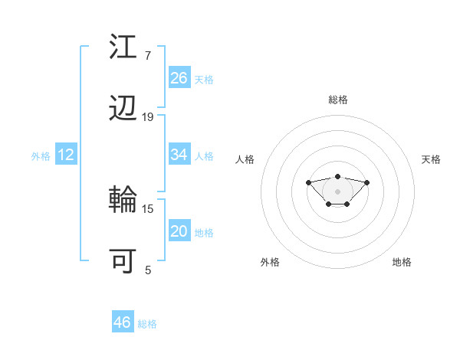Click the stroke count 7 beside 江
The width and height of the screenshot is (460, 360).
tap(147, 56)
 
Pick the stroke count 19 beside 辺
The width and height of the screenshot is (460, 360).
tap(148, 117)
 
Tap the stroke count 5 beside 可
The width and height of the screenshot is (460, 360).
tap(148, 270)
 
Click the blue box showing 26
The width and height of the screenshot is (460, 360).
tap(179, 78)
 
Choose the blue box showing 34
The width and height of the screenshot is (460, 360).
tap(179, 155)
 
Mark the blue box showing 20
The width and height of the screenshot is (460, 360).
tap(179, 231)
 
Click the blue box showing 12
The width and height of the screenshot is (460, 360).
tap(66, 155)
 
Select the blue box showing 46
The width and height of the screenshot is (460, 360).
tap(123, 322)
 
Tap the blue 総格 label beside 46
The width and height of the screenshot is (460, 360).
tap(147, 324)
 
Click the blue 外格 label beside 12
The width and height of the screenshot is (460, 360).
tap(41, 156)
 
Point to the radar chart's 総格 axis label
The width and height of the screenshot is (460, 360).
tap(338, 100)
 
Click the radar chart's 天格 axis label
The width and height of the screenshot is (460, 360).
tap(432, 159)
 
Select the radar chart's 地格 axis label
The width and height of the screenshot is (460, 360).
tap(402, 262)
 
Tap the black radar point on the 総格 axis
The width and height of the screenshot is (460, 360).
tap(338, 177)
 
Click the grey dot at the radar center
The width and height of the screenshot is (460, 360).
tap(338, 191)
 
